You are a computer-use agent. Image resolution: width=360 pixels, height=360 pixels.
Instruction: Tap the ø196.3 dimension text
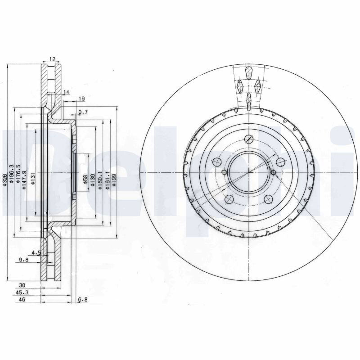(x=11, y=174)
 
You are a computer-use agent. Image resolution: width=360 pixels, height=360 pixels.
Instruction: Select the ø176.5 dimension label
(x=18, y=174)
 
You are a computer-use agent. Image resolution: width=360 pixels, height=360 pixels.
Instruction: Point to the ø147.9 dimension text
(x=25, y=180)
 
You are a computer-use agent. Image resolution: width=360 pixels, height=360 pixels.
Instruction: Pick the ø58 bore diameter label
(x=85, y=179)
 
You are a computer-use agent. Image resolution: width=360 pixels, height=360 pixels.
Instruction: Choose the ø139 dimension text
(x=93, y=180)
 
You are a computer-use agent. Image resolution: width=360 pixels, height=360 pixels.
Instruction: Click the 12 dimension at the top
(x=52, y=59)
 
